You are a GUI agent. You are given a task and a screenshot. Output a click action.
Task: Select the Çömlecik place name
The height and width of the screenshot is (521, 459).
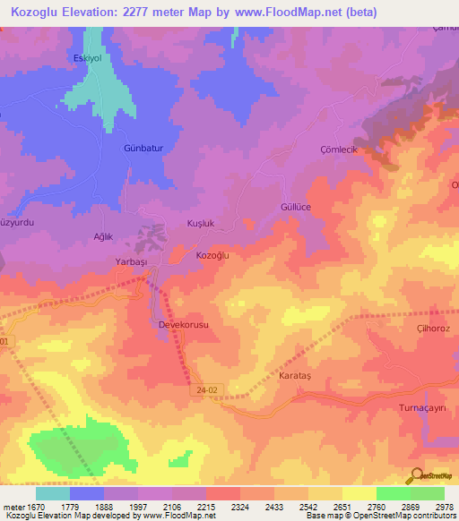tap(338, 149)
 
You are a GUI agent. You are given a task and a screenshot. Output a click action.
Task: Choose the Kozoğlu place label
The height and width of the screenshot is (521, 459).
tap(213, 256)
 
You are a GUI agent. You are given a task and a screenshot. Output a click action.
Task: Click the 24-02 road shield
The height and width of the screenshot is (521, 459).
tap(204, 391)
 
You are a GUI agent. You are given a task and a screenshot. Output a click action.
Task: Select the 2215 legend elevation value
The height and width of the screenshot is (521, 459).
tap(206, 507)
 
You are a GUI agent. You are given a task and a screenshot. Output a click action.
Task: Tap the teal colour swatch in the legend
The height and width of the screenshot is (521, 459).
tap(53, 493)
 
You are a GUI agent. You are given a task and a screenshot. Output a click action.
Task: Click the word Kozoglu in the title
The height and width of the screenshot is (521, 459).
tap(40, 13)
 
